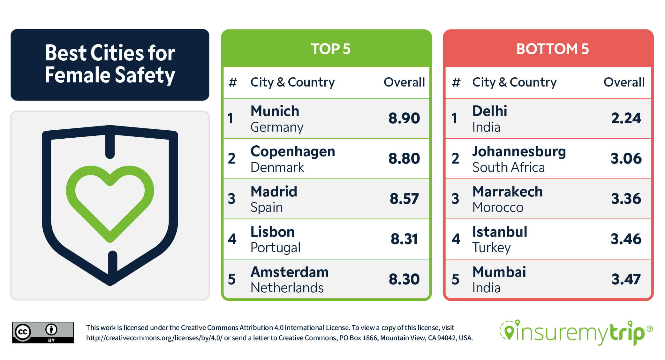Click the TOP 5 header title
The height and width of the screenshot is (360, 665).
point(330,49)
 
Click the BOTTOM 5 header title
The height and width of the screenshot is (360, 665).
point(552,49)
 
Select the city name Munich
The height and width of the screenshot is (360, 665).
point(275,111)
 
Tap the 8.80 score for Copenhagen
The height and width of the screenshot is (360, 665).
point(404,158)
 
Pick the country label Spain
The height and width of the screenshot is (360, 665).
point(267,208)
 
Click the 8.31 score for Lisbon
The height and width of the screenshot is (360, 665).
point(404,239)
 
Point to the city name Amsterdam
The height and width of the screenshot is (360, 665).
point(289,272)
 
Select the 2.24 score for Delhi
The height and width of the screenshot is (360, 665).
point(626,118)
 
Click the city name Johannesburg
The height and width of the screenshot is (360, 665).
point(519,151)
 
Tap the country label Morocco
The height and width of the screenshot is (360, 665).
point(498,208)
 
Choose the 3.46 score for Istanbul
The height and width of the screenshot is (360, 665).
point(626,239)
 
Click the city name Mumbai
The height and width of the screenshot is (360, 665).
point(499,272)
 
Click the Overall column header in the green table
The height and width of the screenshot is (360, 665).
point(404,82)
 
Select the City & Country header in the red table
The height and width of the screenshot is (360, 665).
point(514,82)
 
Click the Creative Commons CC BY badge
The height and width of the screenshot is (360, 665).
point(43,333)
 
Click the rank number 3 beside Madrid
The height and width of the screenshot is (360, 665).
point(231,199)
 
